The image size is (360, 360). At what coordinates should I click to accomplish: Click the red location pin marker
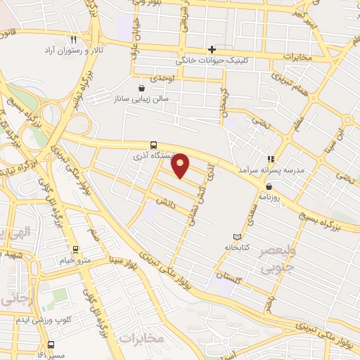pos(181,165)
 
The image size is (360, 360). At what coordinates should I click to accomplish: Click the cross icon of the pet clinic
pos(211,49)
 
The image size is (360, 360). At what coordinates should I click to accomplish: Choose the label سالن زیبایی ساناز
pos(141,100)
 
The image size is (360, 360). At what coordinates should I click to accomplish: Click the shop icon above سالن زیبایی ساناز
pos(143,89)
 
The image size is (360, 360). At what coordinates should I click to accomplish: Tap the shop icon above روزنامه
pos(270,186)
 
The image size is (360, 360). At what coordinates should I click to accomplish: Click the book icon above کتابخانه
pos(237,236)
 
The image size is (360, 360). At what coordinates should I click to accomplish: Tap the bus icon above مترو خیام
pos(75,249)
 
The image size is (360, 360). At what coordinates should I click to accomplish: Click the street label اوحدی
pos(162,77)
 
